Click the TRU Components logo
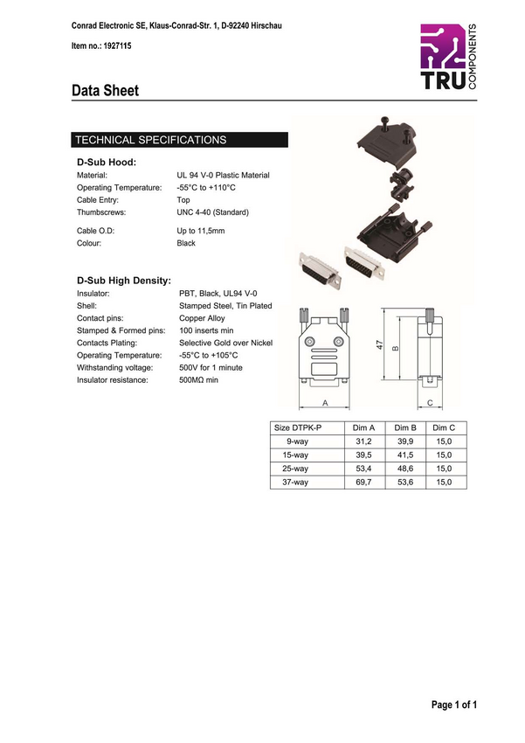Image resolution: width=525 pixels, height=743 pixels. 448,57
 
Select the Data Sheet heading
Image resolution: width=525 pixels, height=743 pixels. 105,90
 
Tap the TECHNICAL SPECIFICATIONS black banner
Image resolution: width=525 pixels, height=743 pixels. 179,140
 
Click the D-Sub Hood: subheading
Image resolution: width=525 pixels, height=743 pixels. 107,162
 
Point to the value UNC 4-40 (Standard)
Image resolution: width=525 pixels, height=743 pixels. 213,212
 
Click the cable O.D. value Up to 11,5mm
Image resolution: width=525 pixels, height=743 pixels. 201,231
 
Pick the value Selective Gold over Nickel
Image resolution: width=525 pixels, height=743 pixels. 225,344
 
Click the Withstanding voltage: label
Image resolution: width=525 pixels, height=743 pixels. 114,368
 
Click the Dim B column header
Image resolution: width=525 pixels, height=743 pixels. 404,427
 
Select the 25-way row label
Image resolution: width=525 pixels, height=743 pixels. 295,469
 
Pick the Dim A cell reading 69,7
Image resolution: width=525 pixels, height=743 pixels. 363,483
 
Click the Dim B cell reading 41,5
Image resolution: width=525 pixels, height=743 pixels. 404,455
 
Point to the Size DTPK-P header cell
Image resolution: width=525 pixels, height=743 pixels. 298,427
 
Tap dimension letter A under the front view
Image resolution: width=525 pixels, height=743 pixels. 324,403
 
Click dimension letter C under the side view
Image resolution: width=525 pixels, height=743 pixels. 431,403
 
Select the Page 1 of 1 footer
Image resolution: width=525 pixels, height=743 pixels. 453,705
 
